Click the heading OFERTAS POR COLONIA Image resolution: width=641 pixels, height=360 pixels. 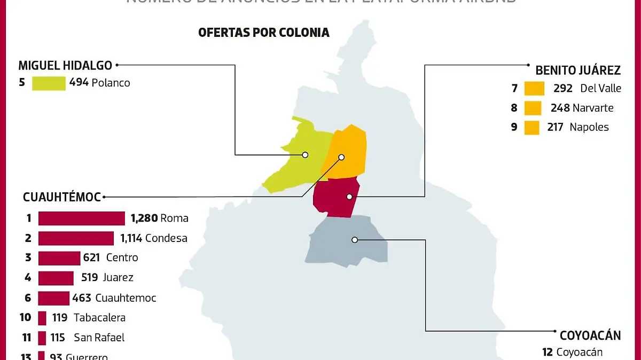[263, 33]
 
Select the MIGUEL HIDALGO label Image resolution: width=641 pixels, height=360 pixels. [65, 66]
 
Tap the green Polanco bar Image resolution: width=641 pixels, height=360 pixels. [49, 83]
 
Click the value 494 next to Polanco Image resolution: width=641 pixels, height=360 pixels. [79, 83]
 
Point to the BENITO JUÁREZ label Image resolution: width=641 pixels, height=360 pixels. [578, 70]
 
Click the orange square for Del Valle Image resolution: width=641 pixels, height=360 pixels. [534, 88]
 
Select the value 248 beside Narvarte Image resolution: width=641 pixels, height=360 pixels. [560, 108]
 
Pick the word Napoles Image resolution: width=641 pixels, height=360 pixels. [589, 127]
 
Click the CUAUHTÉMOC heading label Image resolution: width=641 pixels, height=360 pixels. [61, 197]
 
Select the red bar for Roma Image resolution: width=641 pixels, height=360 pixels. [81, 218]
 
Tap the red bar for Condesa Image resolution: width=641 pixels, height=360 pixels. [76, 238]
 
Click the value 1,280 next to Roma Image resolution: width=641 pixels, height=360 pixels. [144, 218]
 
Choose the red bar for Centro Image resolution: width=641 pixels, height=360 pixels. [59, 258]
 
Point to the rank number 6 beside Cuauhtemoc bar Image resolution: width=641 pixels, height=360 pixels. [28, 298]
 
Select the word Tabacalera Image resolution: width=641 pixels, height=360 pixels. [99, 318]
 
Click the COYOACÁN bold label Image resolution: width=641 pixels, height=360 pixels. [590, 335]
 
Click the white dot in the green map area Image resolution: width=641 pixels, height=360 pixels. [305, 155]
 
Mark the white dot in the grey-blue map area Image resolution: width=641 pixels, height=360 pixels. [355, 240]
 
